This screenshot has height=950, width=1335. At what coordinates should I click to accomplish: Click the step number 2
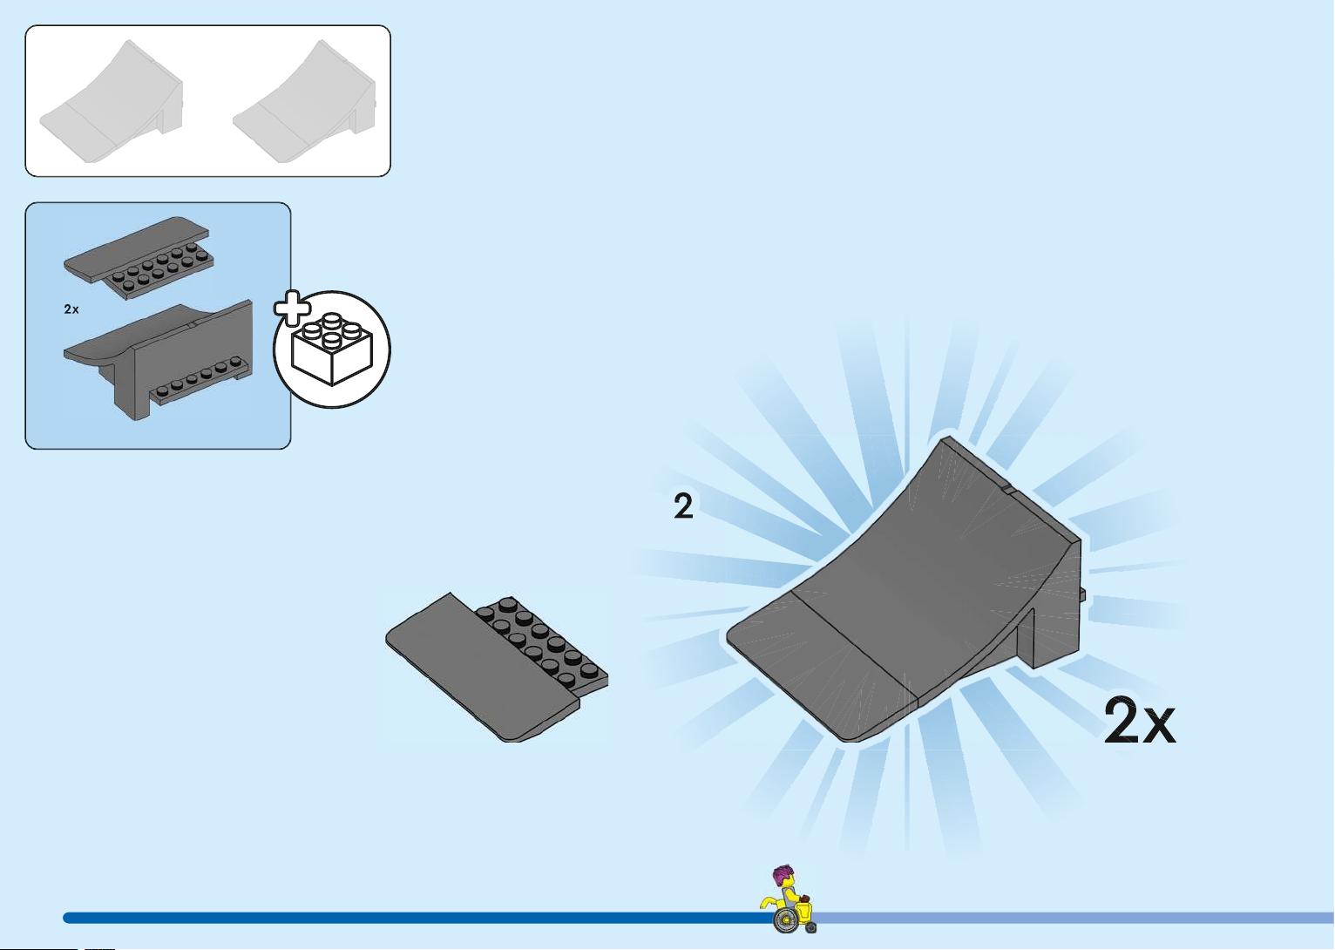point(683,506)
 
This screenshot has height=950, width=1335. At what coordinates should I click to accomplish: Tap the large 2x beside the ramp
point(1140,721)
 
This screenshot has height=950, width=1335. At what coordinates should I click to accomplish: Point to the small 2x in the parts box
point(71,309)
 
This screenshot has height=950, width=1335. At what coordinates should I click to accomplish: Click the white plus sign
point(292,309)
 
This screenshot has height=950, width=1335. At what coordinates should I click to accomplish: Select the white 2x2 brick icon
point(332,349)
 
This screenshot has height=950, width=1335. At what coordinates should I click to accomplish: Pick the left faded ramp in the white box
point(112,101)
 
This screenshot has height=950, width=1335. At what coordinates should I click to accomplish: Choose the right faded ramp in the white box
point(304,101)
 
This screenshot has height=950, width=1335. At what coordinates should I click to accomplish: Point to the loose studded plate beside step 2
point(497,668)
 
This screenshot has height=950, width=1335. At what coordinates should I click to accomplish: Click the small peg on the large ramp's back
point(1082,594)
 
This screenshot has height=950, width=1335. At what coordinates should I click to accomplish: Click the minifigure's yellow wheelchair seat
point(804,911)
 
